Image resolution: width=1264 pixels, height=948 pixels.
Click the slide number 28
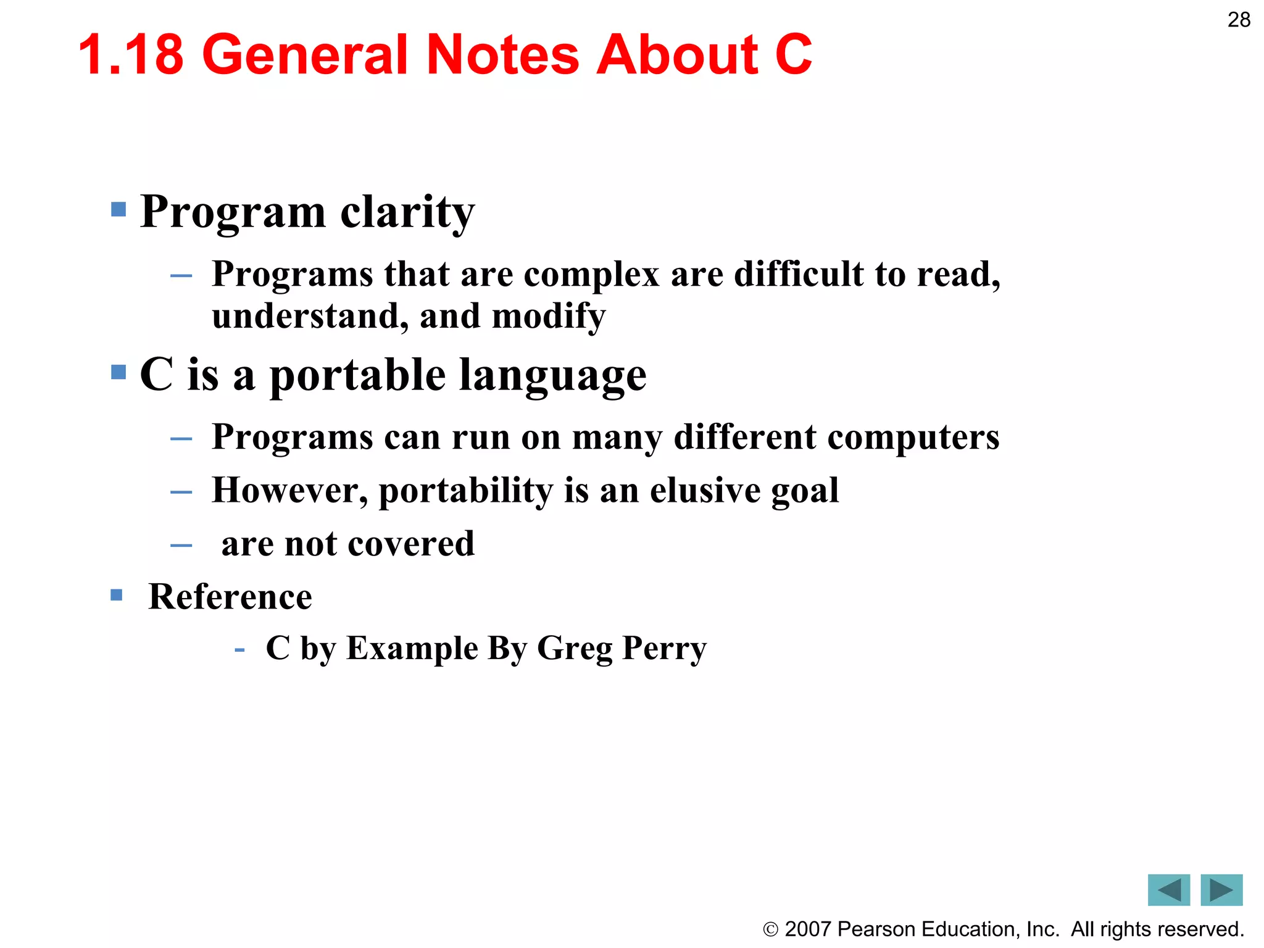pos(1239,20)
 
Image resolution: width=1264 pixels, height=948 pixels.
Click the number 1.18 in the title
pos(131,55)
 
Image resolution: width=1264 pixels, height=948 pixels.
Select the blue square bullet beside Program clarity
pos(118,209)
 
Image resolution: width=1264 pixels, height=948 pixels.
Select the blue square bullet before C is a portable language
pos(118,372)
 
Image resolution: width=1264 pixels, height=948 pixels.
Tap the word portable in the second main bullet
pos(357,375)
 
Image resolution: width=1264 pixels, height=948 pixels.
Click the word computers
pos(913,437)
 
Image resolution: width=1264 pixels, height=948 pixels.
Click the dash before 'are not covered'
pos(181,545)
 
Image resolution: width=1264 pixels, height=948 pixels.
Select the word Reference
pos(230,597)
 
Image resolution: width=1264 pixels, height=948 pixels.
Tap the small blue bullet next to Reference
pos(117,595)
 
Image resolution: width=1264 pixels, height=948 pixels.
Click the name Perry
pos(664,649)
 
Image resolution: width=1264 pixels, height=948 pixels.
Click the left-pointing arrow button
pos(1168,890)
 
